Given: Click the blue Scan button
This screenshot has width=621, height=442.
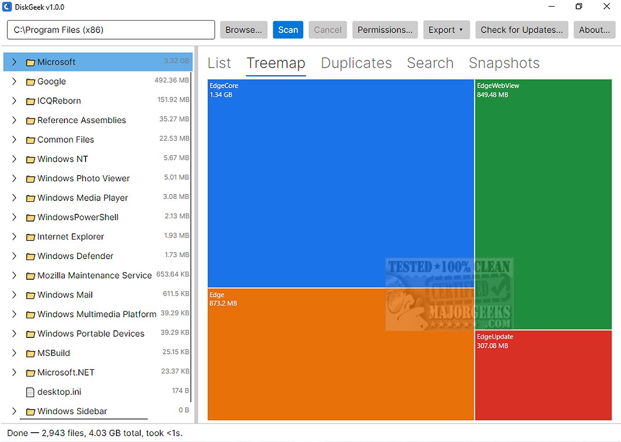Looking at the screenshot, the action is click(x=288, y=30).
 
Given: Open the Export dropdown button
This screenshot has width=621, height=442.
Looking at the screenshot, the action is click(x=446, y=30).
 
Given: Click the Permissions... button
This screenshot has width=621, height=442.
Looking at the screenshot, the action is click(x=385, y=30).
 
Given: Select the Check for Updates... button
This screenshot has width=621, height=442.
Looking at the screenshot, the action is click(x=522, y=30).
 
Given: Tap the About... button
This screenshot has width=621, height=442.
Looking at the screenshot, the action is click(x=594, y=30).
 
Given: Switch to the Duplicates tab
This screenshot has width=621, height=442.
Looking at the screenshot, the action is click(x=356, y=63).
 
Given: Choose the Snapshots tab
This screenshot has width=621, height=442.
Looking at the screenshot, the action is click(x=504, y=63).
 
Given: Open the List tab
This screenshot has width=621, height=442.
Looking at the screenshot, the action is click(x=219, y=63).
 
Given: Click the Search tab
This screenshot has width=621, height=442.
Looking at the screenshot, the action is click(x=430, y=63).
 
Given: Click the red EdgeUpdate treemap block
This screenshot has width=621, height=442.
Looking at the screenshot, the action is click(x=543, y=375).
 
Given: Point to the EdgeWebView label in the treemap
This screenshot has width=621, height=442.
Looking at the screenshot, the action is click(x=498, y=86).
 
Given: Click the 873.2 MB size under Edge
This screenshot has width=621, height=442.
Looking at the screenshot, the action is click(x=223, y=303).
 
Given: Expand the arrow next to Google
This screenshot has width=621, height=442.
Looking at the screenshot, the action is click(x=14, y=81).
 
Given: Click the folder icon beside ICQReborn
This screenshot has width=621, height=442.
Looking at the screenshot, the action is click(x=30, y=101).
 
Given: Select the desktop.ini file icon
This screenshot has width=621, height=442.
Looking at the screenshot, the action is click(x=30, y=392).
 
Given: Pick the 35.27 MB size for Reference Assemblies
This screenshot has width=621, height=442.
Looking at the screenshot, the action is click(x=174, y=119).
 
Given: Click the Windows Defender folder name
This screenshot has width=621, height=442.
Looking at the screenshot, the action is click(x=75, y=256).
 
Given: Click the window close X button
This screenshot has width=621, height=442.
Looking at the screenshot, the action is click(x=607, y=6).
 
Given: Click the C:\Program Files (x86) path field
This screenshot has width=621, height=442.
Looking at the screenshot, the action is click(x=111, y=30).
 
